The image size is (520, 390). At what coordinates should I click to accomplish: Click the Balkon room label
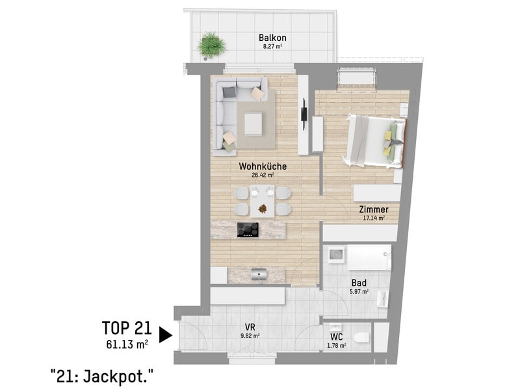(x=272, y=38)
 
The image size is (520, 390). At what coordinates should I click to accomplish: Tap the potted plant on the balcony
(x=211, y=45)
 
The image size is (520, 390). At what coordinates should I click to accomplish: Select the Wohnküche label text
(x=263, y=166)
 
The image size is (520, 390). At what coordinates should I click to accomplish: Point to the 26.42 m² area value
(x=263, y=175)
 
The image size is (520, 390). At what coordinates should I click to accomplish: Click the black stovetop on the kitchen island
(x=248, y=230)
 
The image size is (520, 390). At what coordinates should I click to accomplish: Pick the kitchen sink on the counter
(x=259, y=274)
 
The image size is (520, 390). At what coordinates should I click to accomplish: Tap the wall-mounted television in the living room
(x=304, y=114)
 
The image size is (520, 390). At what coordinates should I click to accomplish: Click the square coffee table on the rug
(x=253, y=124)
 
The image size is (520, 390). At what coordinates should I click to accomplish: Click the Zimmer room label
(x=374, y=209)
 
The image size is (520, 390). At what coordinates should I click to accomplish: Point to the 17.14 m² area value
(x=374, y=218)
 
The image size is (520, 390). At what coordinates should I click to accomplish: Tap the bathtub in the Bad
(x=369, y=257)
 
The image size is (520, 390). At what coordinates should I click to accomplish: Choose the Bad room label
(x=359, y=283)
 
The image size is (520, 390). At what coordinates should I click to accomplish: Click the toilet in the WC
(x=361, y=337)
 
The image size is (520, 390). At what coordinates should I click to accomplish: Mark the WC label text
(x=336, y=337)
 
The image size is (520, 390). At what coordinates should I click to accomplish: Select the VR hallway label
(x=250, y=328)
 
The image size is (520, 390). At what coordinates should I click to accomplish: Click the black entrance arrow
(x=166, y=335)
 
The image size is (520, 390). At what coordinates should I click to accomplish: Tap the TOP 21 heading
(x=127, y=328)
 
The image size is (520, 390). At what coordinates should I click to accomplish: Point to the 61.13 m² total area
(x=127, y=344)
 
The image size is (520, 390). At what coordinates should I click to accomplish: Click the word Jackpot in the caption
(x=118, y=376)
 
